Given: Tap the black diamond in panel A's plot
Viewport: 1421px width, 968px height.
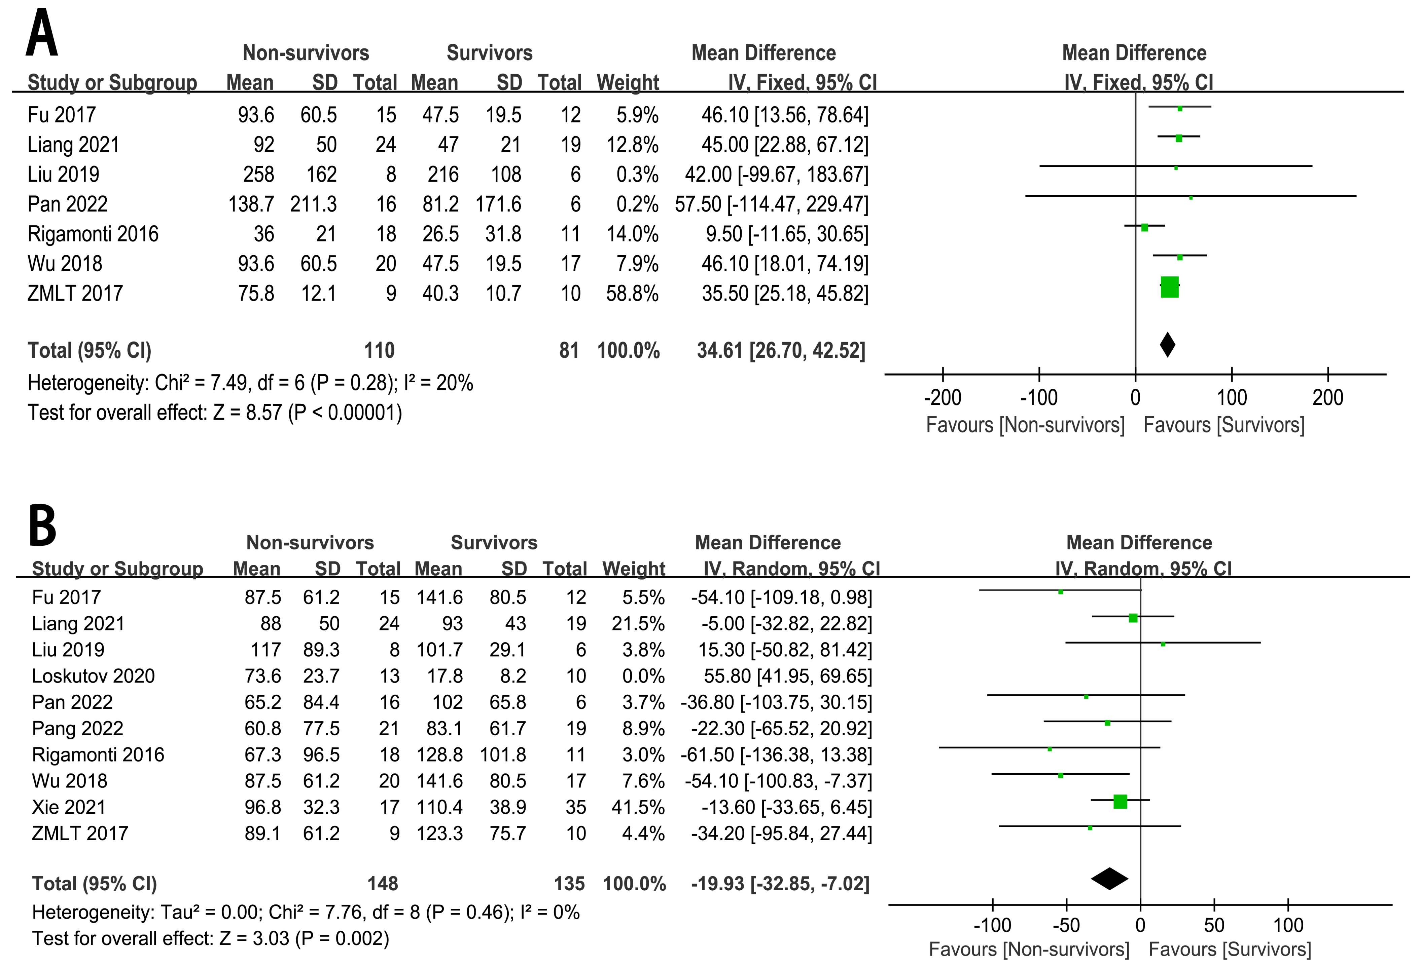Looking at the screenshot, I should point(1167,345).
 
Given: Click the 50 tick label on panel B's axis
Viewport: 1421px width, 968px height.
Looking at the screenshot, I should point(1214,925).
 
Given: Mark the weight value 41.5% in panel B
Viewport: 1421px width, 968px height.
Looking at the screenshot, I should point(638,807).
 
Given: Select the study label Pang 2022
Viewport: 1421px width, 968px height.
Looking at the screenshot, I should point(78,729).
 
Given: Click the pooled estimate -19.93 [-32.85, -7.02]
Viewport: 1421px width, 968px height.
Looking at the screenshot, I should point(780,884).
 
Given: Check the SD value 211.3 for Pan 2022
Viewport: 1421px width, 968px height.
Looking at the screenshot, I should point(313,204).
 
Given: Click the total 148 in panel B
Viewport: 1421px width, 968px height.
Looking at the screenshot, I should point(383,884).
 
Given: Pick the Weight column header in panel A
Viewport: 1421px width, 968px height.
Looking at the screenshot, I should point(628,82).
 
